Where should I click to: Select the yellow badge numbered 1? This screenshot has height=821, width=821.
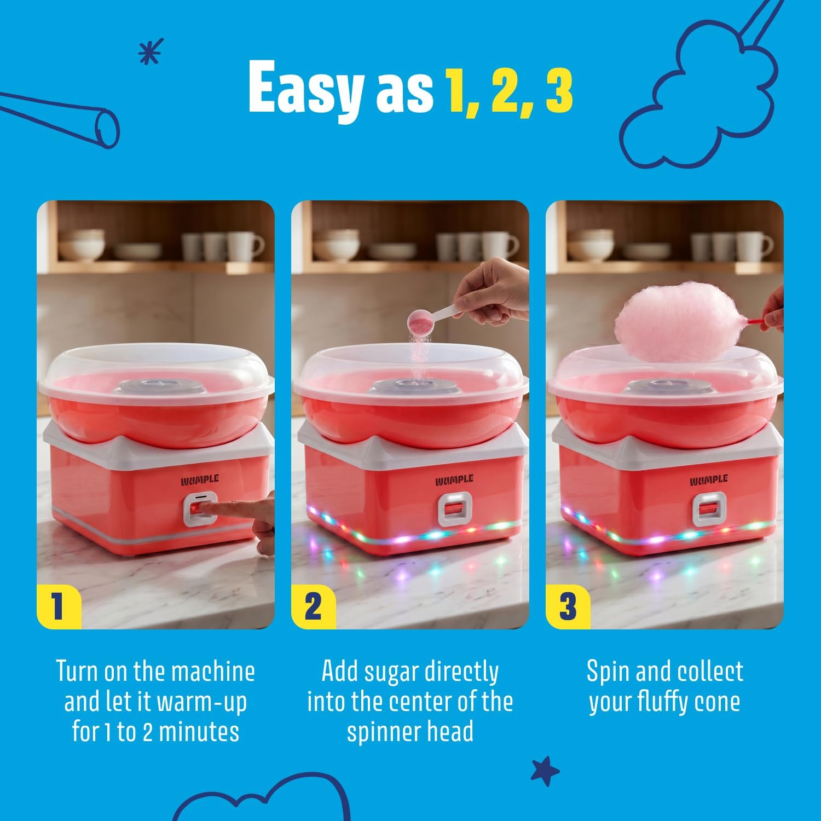pos(59,607)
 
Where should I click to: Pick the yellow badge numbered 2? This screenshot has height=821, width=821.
pos(313,607)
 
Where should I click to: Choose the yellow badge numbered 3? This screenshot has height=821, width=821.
pos(568,607)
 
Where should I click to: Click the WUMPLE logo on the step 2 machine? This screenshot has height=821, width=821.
pos(454,480)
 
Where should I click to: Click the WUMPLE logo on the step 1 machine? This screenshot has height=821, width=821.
pos(200,480)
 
